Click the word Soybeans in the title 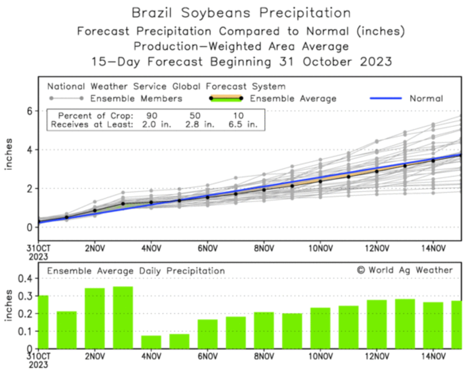pyautogui.click(x=216, y=13)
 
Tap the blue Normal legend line pyautogui.click(x=385, y=99)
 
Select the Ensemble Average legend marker pyautogui.click(x=226, y=99)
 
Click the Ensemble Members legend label pyautogui.click(x=136, y=99)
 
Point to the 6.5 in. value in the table pyautogui.click(x=243, y=124)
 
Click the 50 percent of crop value pyautogui.click(x=195, y=116)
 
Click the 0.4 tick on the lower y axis pyautogui.click(x=25, y=278)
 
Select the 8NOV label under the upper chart pyautogui.click(x=264, y=248)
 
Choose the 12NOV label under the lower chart pyautogui.click(x=377, y=356)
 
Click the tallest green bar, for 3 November pyautogui.click(x=123, y=317)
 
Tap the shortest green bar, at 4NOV pyautogui.click(x=151, y=342)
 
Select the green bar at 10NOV pyautogui.click(x=320, y=328)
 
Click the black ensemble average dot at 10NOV pyautogui.click(x=320, y=181)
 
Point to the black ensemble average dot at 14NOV pyautogui.click(x=433, y=160)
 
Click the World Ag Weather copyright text pyautogui.click(x=405, y=270)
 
